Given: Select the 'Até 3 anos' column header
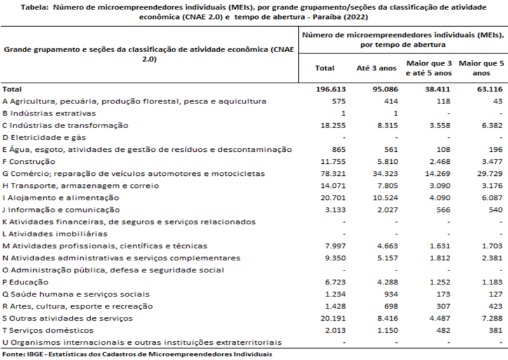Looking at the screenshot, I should point(376,68).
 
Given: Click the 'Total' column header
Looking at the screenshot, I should point(324,68).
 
